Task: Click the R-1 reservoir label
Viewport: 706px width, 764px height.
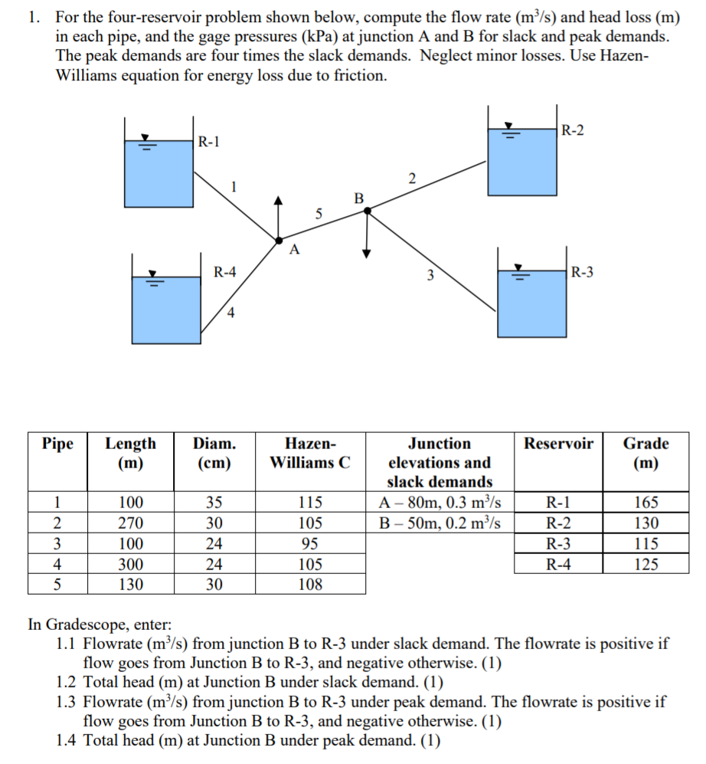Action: (x=208, y=142)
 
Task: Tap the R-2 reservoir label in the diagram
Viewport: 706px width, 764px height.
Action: (x=572, y=130)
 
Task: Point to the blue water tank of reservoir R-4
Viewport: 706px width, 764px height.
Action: (x=167, y=310)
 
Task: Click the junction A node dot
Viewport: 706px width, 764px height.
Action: (x=278, y=239)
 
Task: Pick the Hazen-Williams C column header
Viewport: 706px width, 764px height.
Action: (x=310, y=453)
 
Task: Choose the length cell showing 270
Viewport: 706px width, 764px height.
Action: (x=130, y=523)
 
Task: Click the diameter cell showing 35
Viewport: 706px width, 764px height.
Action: (x=214, y=503)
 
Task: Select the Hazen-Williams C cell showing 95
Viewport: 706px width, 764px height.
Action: (x=310, y=544)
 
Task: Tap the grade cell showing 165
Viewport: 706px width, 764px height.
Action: (x=646, y=503)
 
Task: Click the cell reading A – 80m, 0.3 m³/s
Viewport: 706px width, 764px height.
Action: (x=440, y=503)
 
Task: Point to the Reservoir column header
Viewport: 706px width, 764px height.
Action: (x=558, y=444)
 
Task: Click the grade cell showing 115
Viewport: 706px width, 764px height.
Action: (x=646, y=544)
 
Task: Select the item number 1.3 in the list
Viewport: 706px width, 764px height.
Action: (x=67, y=701)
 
